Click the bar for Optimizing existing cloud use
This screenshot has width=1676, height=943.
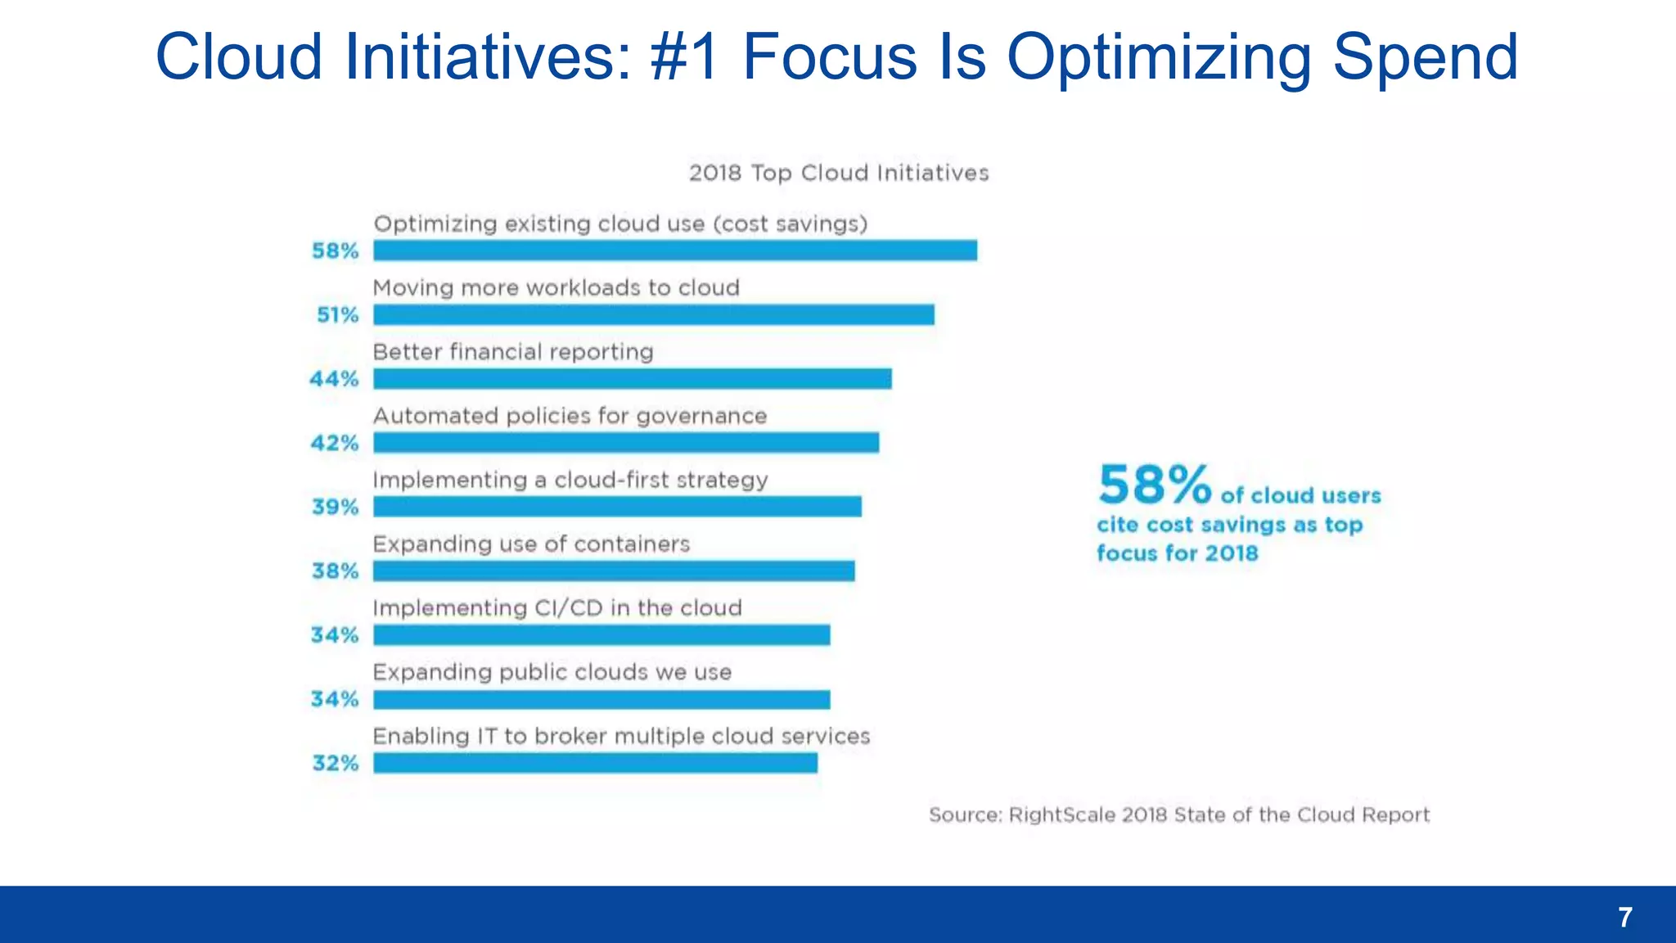[x=675, y=250]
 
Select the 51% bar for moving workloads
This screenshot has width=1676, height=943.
[x=654, y=315]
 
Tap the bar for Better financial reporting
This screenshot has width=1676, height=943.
[x=633, y=379]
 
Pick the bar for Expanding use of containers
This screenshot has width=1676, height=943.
[x=614, y=571]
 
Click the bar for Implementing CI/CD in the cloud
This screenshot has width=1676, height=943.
[x=601, y=635]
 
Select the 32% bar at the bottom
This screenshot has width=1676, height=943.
[x=595, y=763]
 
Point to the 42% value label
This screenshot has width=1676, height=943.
[x=335, y=443]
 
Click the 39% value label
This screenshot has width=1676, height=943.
[x=336, y=508]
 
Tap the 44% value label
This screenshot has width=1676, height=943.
[x=334, y=379]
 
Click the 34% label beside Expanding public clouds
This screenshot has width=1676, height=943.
[x=335, y=699]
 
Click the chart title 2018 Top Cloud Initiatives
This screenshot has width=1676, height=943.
[x=839, y=174]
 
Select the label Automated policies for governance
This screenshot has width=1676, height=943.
[x=570, y=417]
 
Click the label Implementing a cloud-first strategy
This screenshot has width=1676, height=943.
[x=570, y=481]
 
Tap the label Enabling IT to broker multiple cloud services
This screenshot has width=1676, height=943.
[x=621, y=737]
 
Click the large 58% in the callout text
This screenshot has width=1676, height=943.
[x=1154, y=485]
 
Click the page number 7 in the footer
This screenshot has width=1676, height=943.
[x=1625, y=917]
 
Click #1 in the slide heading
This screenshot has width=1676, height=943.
[x=685, y=57]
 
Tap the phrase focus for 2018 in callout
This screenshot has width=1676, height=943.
[x=1177, y=553]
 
